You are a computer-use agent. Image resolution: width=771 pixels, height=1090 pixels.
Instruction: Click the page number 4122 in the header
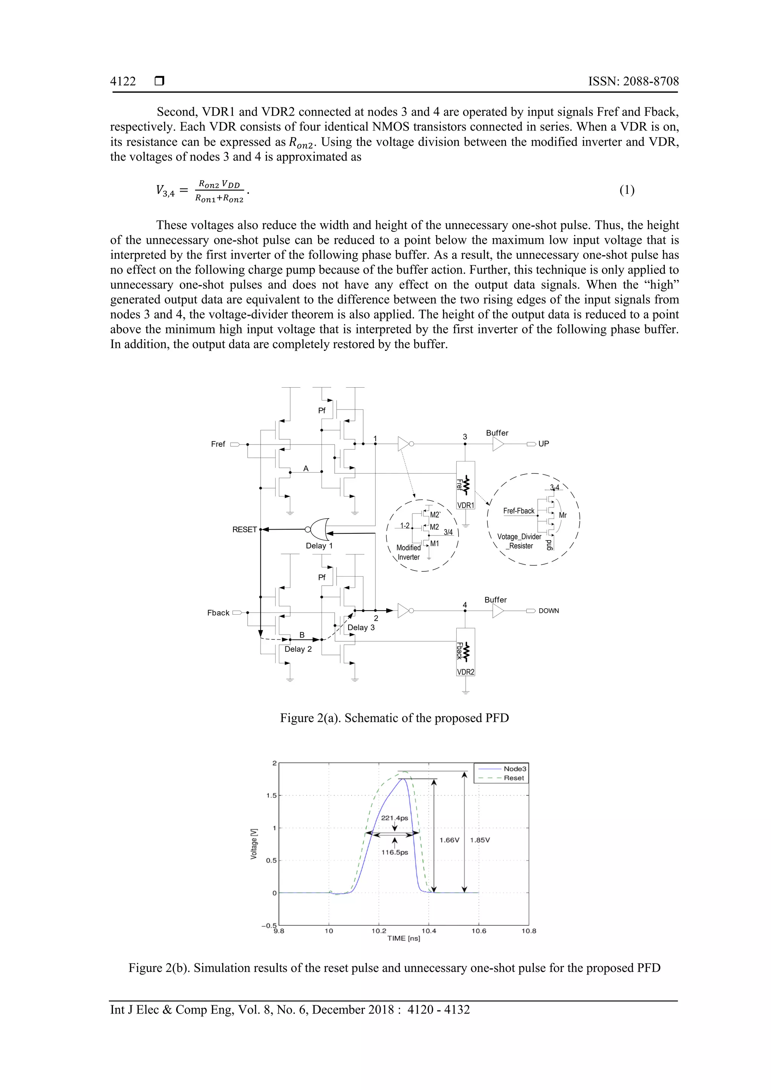coord(123,82)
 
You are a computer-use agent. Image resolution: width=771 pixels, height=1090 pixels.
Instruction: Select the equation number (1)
coord(627,190)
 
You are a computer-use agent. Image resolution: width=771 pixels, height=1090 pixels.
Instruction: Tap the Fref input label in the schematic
coord(218,444)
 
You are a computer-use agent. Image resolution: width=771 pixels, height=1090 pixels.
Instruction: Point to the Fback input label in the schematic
coord(218,613)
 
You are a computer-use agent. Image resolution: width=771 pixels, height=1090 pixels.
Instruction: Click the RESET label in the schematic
coord(244,529)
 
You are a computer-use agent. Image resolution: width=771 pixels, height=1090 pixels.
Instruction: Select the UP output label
coord(544,444)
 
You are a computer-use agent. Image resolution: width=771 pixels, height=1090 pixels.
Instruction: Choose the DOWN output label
coord(549,611)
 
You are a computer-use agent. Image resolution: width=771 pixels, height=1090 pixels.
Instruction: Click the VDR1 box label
coord(466,505)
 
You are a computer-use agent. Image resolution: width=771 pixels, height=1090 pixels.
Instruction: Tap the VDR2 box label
coord(466,672)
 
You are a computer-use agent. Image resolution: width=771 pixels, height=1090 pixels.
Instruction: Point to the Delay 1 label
coord(319,546)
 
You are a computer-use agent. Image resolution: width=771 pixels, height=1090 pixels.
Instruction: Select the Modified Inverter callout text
coord(408,553)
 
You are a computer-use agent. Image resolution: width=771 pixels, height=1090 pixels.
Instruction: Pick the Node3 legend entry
coord(515,769)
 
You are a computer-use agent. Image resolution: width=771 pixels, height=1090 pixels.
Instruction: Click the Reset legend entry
coord(513,778)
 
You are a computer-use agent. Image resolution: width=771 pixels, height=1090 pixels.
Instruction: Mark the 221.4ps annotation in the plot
coord(395,818)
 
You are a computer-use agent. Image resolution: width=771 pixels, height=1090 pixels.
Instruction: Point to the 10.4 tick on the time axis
coord(429,931)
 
